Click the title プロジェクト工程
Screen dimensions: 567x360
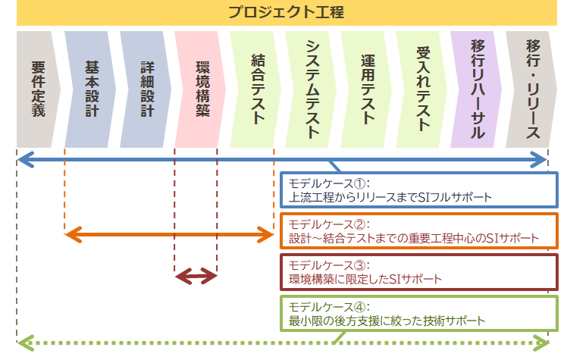tap(286, 12)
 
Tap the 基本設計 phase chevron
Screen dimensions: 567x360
tap(90, 89)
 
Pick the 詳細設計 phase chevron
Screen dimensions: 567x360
tap(146, 89)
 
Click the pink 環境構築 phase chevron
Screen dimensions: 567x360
tap(201, 89)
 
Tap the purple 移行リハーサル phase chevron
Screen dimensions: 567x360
tap(477, 89)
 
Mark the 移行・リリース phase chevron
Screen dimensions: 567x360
tap(531, 89)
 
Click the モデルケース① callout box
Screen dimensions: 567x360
tap(419, 190)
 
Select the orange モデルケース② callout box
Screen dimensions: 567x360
tap(419, 231)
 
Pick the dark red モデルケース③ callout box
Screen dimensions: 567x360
tap(419, 272)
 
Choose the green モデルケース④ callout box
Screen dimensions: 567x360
tap(419, 313)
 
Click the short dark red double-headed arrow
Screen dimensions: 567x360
tap(196, 277)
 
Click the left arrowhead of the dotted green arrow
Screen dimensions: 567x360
tap(26, 343)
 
